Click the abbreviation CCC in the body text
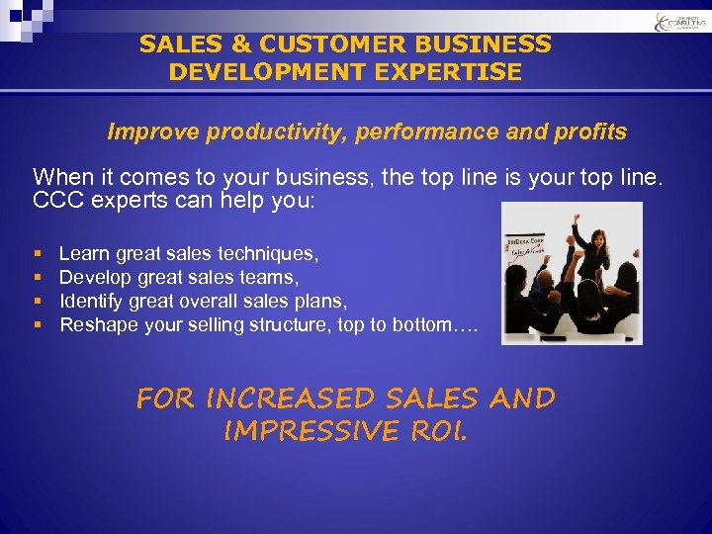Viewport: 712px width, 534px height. [x=55, y=200]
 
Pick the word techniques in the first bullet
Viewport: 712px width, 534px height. [x=272, y=254]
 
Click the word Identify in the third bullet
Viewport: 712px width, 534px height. [x=92, y=301]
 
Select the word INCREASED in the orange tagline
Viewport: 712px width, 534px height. [x=294, y=399]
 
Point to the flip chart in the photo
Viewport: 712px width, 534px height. [x=525, y=253]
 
